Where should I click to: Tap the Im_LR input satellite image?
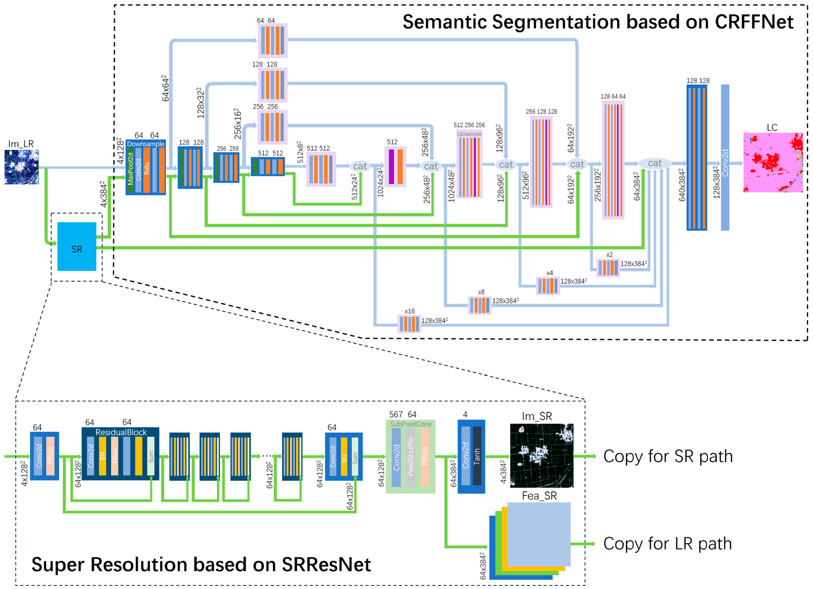coord(22,167)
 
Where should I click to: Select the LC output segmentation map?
coord(773,163)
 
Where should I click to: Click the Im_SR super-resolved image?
coord(541,455)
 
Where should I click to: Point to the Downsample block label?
coord(146,144)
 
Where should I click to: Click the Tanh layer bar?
coord(477,456)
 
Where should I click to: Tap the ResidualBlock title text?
coord(121,432)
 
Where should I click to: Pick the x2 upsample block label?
coord(609,255)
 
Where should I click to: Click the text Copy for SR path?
coord(668,456)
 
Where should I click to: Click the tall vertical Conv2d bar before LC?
coord(725,158)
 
